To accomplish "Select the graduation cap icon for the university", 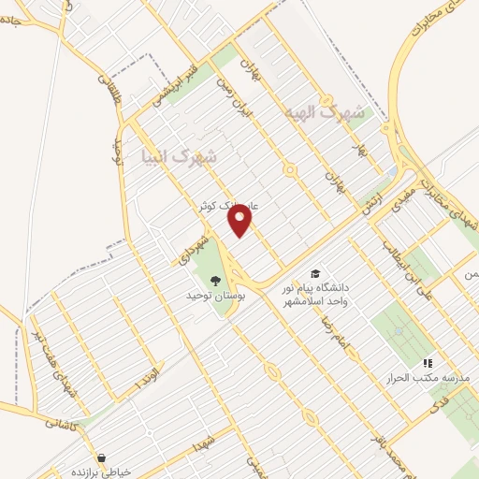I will [314, 272].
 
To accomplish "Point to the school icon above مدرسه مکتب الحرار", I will [428, 362].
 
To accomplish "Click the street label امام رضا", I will [332, 331].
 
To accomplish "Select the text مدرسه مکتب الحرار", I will [414, 377].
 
